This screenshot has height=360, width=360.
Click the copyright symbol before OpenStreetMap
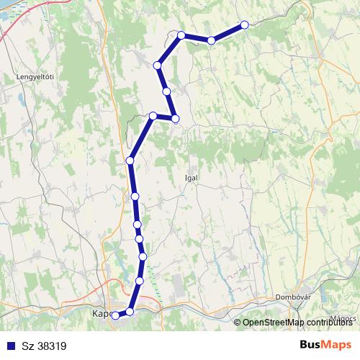coord(238,323)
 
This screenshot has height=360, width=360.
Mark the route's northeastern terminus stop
coord(244,24)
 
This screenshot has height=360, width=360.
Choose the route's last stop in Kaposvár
coord(115,315)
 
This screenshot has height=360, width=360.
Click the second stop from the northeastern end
coord(211,40)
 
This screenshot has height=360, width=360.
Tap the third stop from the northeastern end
coord(181,35)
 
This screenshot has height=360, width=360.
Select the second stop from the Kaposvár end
coord(130,311)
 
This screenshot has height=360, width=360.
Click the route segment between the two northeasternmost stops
coord(228,32)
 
